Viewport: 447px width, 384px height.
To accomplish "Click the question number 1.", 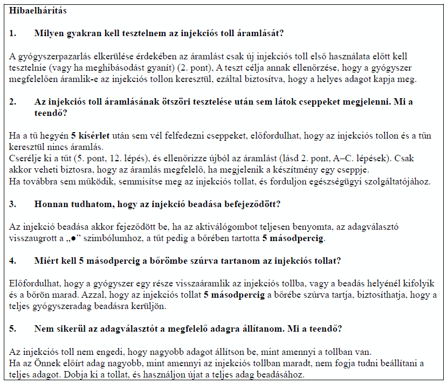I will point(12,33).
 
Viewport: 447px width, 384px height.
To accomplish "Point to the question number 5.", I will point(12,328).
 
